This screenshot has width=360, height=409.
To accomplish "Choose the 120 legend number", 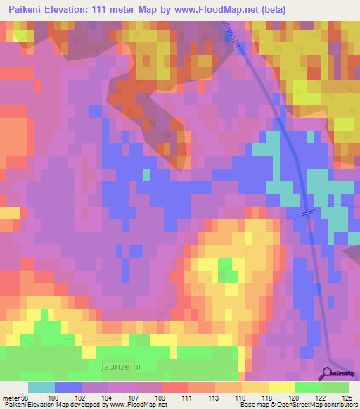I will (295, 398).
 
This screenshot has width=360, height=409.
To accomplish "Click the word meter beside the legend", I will (10, 398).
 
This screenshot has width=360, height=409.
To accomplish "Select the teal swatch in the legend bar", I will (41, 387).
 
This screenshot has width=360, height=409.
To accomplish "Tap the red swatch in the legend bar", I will (174, 387).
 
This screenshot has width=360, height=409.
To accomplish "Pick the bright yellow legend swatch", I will (281, 387).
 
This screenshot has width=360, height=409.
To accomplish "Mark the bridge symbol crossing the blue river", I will (307, 212).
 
